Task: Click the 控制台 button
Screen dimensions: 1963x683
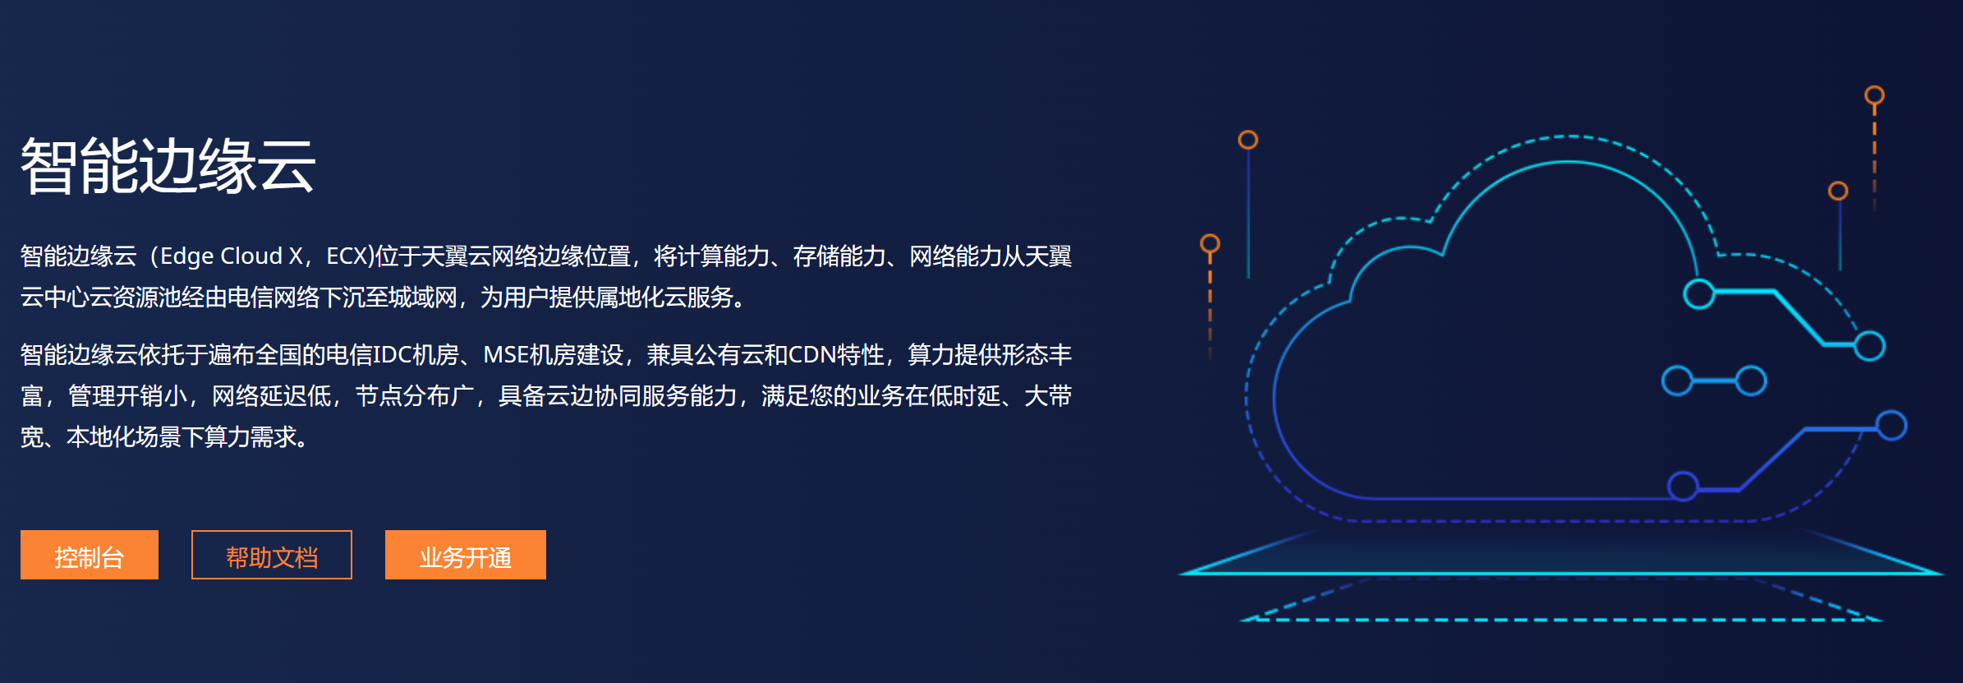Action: pyautogui.click(x=89, y=555)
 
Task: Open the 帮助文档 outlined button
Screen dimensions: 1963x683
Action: pyautogui.click(x=272, y=555)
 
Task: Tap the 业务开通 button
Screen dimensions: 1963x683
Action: pyautogui.click(x=466, y=555)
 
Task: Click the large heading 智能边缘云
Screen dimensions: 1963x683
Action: pyautogui.click(x=168, y=166)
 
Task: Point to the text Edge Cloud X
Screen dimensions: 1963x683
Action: pyautogui.click(x=232, y=256)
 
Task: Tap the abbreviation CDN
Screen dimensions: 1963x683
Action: pyautogui.click(x=812, y=355)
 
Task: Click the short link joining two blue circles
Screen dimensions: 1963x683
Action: pyautogui.click(x=1714, y=381)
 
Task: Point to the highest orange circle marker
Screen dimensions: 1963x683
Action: pyautogui.click(x=1874, y=95)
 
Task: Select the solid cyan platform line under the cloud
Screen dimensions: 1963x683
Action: pyautogui.click(x=1561, y=573)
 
